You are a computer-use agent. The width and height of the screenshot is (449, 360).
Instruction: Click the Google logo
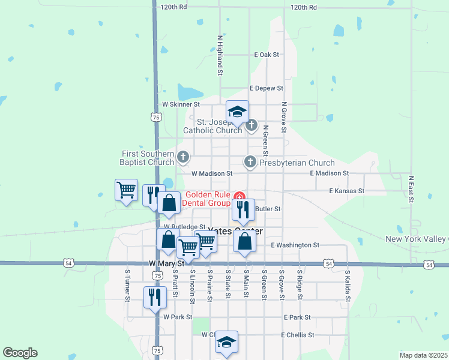click(20, 353)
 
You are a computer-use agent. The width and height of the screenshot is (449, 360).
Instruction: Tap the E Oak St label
click(267, 55)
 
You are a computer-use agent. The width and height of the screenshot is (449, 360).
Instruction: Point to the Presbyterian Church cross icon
click(250, 162)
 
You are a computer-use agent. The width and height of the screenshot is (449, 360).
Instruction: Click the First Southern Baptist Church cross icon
click(184, 158)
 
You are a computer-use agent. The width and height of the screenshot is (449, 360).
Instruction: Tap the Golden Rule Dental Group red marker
click(240, 196)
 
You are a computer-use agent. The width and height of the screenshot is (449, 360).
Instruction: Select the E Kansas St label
click(347, 191)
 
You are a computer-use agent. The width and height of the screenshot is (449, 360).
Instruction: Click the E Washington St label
click(295, 245)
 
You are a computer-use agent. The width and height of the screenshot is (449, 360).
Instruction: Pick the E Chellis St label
click(298, 335)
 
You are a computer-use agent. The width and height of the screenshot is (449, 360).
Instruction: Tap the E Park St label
click(298, 317)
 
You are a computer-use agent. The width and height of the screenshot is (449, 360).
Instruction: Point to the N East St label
click(412, 188)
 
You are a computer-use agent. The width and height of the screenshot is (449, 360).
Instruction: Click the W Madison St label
click(212, 173)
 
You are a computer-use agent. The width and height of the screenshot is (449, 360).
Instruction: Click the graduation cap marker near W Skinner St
click(237, 112)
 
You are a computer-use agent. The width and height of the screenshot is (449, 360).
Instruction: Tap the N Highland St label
click(220, 54)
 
